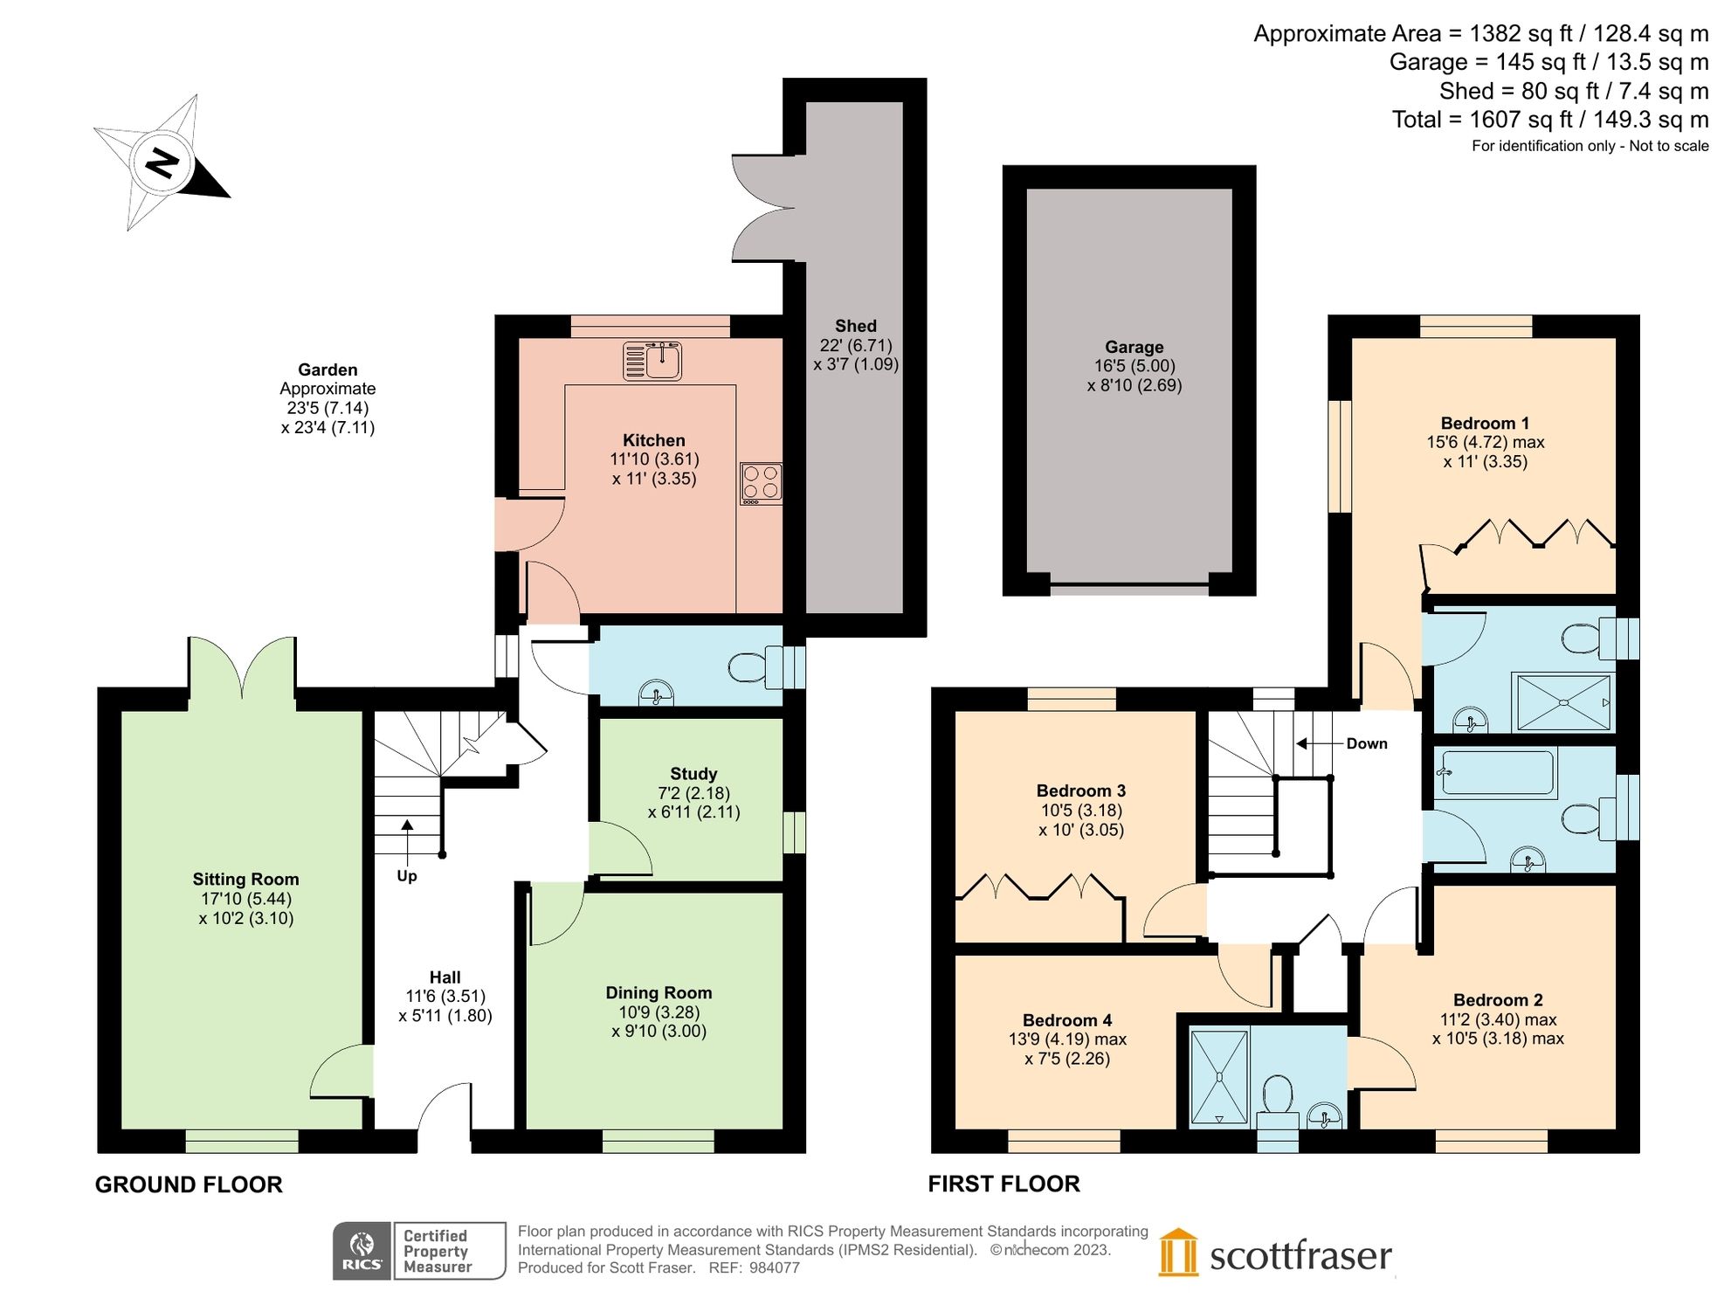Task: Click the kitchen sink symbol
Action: (x=652, y=361)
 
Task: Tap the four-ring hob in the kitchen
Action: (x=761, y=482)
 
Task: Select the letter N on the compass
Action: (x=162, y=162)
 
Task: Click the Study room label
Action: (x=693, y=774)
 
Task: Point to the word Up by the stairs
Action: (x=407, y=876)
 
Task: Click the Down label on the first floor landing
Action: (x=1366, y=743)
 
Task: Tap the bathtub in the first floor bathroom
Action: (x=1498, y=773)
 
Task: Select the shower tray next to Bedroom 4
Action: (x=1219, y=1077)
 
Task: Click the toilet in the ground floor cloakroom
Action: (x=753, y=667)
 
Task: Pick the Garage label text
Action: (x=1134, y=347)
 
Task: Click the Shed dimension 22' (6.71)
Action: (x=856, y=345)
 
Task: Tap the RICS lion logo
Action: (x=362, y=1244)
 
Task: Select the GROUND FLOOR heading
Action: (x=189, y=1184)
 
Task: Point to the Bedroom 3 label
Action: (x=1080, y=791)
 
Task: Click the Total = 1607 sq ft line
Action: (x=1549, y=120)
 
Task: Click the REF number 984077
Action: (x=774, y=1267)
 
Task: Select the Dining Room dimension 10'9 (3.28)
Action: (x=659, y=1011)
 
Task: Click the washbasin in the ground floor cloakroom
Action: (x=656, y=694)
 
